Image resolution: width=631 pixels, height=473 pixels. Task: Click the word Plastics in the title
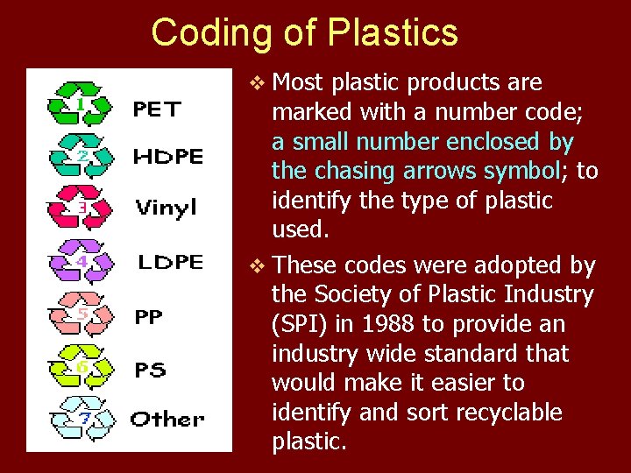click(x=392, y=32)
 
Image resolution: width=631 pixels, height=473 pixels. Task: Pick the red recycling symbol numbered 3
click(x=82, y=207)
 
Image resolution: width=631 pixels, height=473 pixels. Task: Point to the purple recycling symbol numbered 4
click(x=82, y=261)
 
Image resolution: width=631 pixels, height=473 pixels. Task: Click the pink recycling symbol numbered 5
click(x=82, y=314)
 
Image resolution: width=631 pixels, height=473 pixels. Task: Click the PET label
click(x=157, y=109)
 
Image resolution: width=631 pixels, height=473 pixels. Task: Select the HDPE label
click(x=168, y=157)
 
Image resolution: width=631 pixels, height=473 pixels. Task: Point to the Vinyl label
click(x=166, y=208)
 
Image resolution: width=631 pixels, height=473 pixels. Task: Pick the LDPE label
click(x=171, y=262)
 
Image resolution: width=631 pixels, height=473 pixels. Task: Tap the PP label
click(x=149, y=316)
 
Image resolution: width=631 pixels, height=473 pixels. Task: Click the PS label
click(x=150, y=370)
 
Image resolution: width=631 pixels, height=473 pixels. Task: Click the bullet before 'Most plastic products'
click(x=256, y=83)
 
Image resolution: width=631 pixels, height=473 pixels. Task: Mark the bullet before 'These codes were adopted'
click(x=256, y=265)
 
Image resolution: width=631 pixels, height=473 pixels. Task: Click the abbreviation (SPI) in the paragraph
click(x=301, y=324)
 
